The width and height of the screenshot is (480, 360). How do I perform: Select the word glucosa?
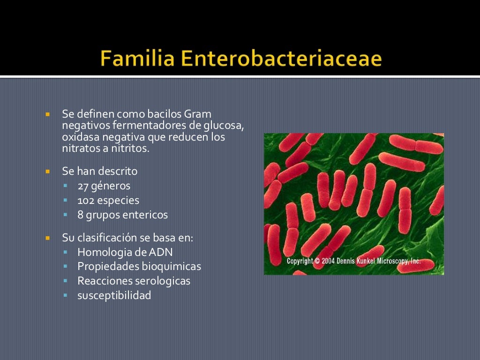click(x=224, y=126)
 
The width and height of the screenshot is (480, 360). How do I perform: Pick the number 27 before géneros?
click(x=83, y=186)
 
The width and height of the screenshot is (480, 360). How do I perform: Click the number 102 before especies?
click(x=85, y=200)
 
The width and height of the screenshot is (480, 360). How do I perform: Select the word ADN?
click(x=161, y=252)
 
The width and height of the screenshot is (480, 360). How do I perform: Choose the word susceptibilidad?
click(x=114, y=295)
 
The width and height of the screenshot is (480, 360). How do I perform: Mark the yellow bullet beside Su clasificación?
click(x=47, y=238)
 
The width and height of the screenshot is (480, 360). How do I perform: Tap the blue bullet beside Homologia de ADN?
click(x=66, y=252)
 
